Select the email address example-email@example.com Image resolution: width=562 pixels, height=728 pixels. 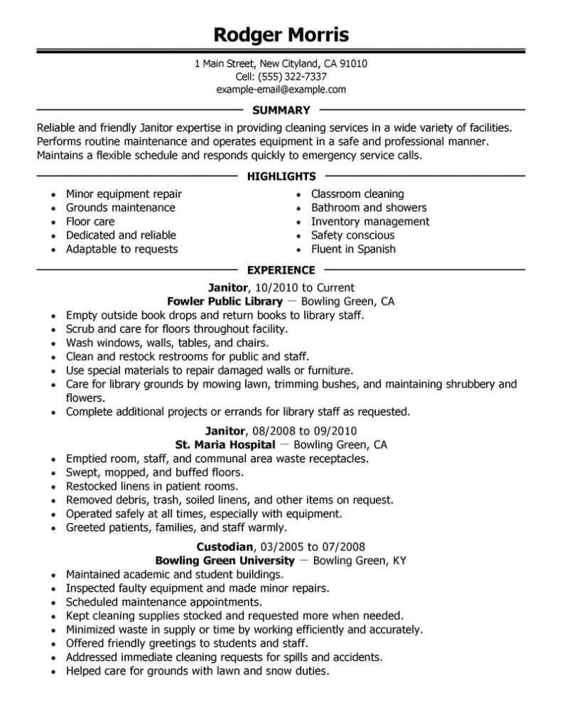[x=281, y=90]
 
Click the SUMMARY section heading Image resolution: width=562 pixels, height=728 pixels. [x=281, y=110]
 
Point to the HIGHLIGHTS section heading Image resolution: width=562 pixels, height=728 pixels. [x=281, y=176]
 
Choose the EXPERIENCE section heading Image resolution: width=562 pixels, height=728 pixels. [x=281, y=270]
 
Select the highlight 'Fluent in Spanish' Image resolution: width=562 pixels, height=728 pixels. [x=353, y=249]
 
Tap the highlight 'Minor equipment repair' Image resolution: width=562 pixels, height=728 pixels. [x=124, y=194]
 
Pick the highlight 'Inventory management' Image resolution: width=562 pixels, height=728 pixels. [x=370, y=221]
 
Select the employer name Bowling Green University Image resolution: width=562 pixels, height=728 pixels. [x=225, y=560]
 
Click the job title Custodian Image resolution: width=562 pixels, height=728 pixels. [x=224, y=547]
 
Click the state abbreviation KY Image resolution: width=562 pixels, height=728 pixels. [x=399, y=560]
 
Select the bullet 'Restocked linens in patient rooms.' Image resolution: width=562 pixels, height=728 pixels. [x=151, y=486]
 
